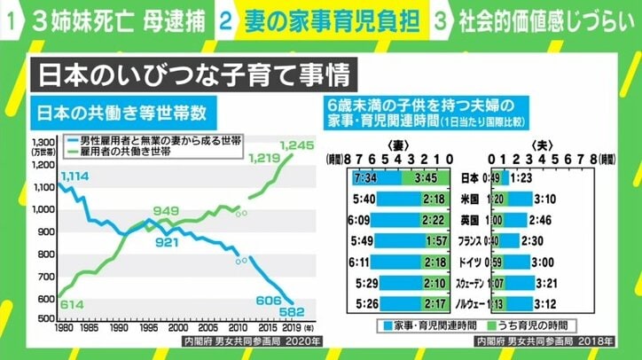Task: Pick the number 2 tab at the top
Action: (x=227, y=20)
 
